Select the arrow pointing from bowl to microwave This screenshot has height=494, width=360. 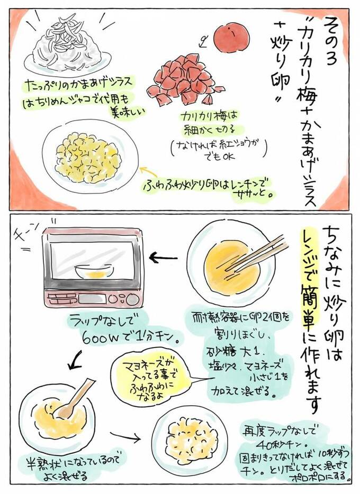167,259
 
